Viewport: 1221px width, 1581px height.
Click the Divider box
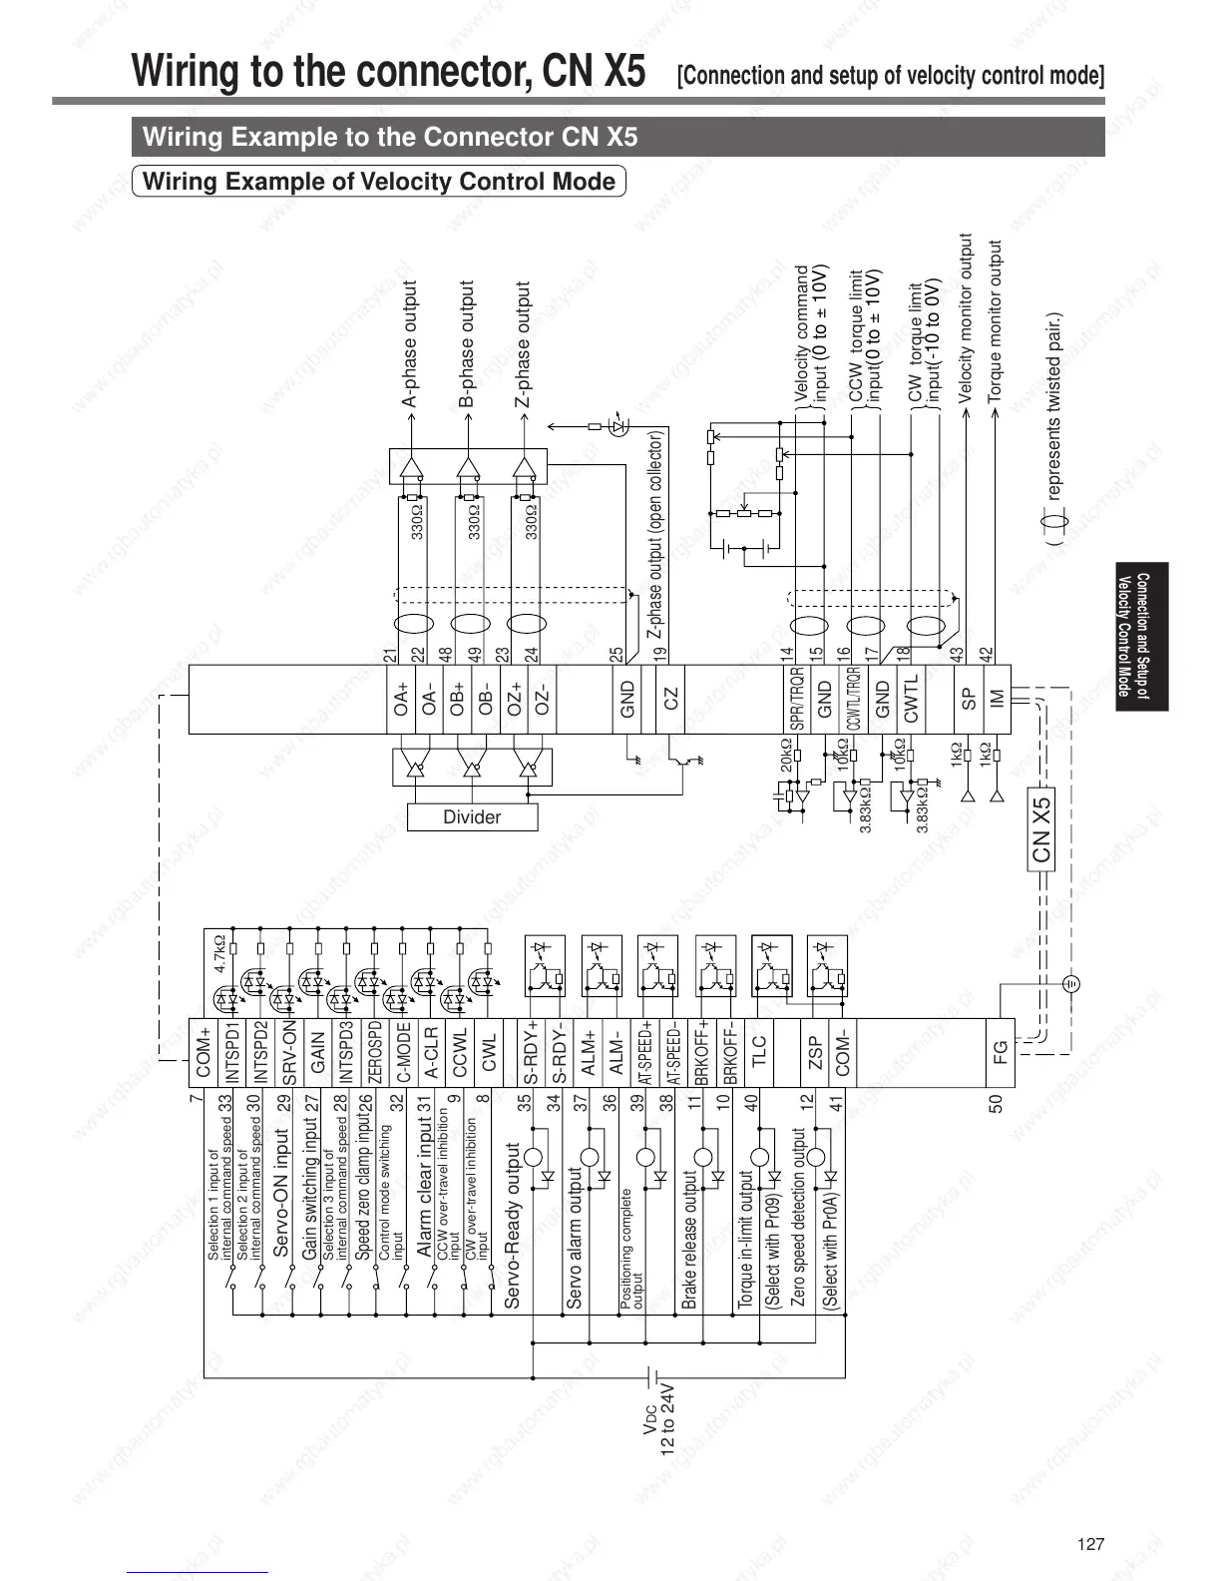tap(472, 817)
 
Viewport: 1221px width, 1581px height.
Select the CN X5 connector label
tap(1041, 828)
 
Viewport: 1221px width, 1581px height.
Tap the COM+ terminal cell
tap(203, 1054)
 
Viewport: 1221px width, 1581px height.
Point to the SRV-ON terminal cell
tap(289, 1054)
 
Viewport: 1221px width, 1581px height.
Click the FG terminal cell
tap(999, 1054)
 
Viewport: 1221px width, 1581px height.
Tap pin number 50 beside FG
tap(996, 1103)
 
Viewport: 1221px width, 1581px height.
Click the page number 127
tap(1091, 1544)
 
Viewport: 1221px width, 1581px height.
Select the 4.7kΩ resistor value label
tap(219, 953)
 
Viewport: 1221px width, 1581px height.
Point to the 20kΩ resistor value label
tap(786, 756)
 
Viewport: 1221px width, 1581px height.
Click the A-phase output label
tap(410, 344)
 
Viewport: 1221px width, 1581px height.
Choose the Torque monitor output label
tap(994, 321)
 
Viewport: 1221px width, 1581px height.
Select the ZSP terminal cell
tap(814, 1054)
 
